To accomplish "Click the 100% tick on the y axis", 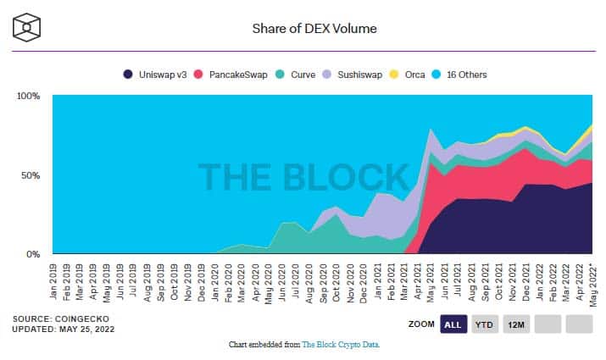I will pos(29,96).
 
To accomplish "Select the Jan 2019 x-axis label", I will pos(54,280).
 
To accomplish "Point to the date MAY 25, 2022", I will pos(92,329).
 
